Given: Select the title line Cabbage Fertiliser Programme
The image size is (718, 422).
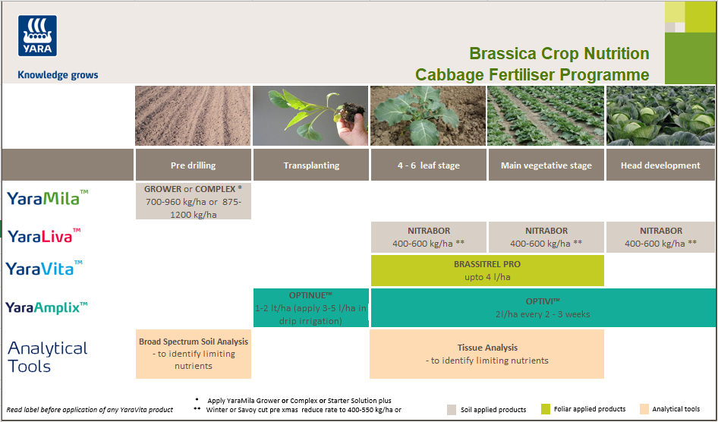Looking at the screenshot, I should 531,74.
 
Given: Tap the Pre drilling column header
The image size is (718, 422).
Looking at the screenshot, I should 193,165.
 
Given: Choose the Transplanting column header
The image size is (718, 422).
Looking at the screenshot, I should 310,165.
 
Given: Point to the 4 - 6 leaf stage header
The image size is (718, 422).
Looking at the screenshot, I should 428,165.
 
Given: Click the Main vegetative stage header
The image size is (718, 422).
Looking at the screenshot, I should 546,165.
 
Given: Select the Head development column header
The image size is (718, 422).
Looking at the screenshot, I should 660,165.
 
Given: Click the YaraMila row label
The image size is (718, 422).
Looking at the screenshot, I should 47,198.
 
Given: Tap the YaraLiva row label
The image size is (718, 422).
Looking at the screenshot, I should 43,236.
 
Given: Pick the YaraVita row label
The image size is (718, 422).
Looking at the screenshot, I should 44,268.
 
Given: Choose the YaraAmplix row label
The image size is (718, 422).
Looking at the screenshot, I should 47,307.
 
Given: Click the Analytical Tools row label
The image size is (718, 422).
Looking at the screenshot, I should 47,357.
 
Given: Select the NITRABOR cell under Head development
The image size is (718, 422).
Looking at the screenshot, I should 660,237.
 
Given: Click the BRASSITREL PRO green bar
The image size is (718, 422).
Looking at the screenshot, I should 487,270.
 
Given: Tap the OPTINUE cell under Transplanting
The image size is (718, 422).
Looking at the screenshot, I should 310,307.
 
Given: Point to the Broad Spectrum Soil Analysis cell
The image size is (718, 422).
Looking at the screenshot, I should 193,354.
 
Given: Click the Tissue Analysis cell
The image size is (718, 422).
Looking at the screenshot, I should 487,354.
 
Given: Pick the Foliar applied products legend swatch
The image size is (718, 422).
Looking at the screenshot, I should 546,409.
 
